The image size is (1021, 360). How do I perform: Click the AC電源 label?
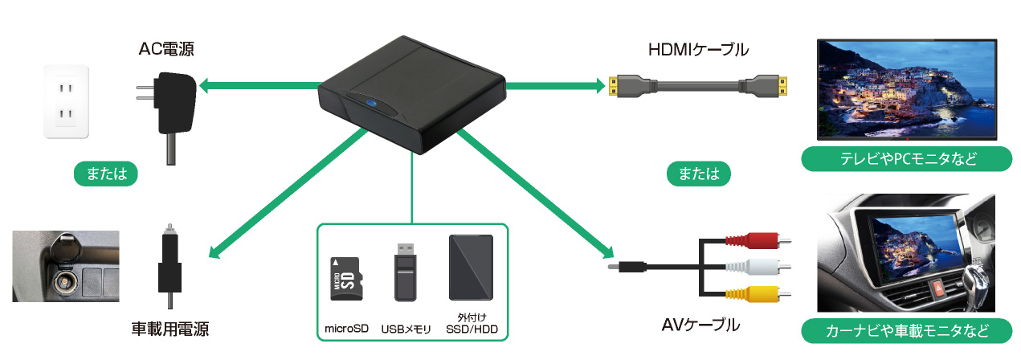pyautogui.click(x=166, y=51)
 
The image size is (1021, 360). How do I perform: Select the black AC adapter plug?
pyautogui.click(x=172, y=104)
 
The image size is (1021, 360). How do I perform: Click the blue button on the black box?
pyautogui.click(x=372, y=103)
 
